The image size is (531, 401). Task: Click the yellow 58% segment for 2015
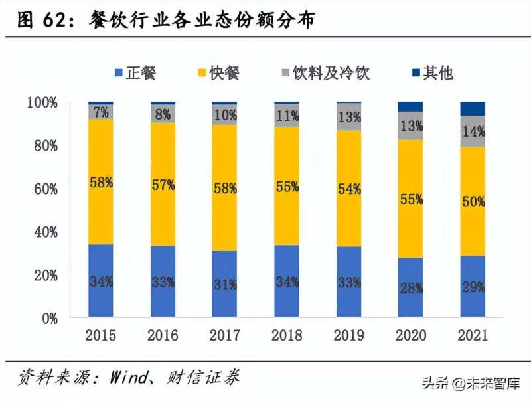pyautogui.click(x=100, y=181)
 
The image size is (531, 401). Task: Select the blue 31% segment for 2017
pyautogui.click(x=224, y=284)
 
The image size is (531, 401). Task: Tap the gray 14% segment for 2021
pyautogui.click(x=473, y=131)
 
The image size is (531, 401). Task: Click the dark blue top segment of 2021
pyautogui.click(x=473, y=109)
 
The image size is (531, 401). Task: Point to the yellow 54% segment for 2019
pyautogui.click(x=348, y=189)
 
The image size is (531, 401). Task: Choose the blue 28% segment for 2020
pyautogui.click(x=410, y=287)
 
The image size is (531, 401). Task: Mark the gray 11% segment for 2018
pyautogui.click(x=286, y=115)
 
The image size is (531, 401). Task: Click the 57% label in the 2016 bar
pyautogui.click(x=163, y=185)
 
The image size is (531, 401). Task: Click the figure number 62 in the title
pyautogui.click(x=55, y=21)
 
